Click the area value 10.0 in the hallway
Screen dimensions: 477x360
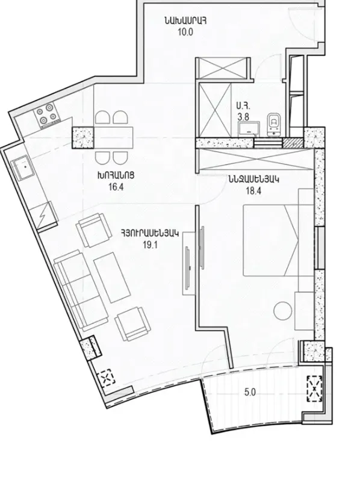pyautogui.click(x=185, y=33)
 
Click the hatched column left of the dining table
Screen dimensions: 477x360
pyautogui.click(x=82, y=138)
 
